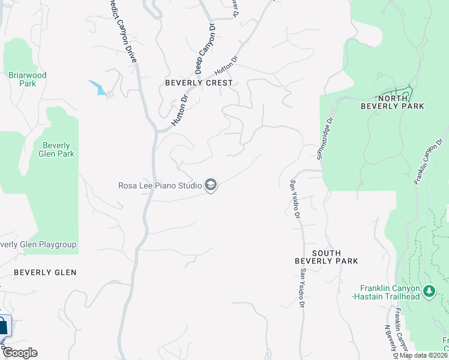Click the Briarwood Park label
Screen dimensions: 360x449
tap(27, 79)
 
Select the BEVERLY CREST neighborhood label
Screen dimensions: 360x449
tap(199, 83)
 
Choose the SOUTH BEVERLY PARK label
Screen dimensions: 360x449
tap(326, 257)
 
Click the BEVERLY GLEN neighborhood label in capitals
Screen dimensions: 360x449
tap(45, 272)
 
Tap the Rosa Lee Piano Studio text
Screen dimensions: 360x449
tap(159, 185)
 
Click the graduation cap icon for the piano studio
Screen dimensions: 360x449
tap(211, 185)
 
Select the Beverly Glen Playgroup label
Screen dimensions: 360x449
tap(38, 244)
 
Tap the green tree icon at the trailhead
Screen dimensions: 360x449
tap(429, 292)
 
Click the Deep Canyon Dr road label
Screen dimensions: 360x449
tap(204, 43)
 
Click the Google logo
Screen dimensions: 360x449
tap(20, 353)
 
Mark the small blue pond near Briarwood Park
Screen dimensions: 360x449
tap(98, 88)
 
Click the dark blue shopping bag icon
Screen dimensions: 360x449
tap(3, 327)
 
